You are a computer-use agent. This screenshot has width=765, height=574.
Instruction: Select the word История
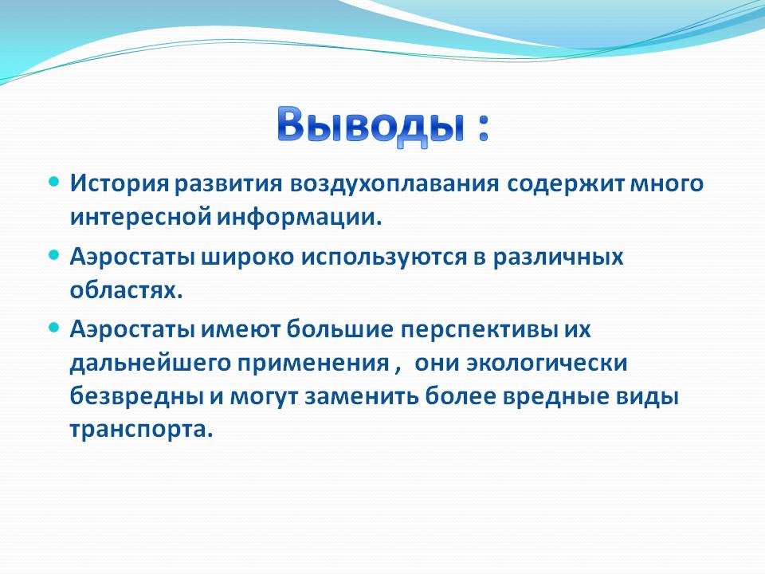pyautogui.click(x=120, y=183)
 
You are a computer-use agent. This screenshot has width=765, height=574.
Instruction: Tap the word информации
pyautogui.click(x=299, y=217)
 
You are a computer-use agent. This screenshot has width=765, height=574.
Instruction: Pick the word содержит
pyautogui.click(x=566, y=184)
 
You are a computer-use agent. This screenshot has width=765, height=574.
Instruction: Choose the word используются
pyautogui.click(x=384, y=257)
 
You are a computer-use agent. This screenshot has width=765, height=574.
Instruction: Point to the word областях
pyautogui.click(x=127, y=290)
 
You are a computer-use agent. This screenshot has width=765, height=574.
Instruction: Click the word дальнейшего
pyautogui.click(x=151, y=364)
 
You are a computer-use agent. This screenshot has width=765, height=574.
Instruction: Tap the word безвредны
pyautogui.click(x=136, y=396)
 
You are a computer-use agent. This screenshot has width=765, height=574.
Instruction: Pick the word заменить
pyautogui.click(x=362, y=397)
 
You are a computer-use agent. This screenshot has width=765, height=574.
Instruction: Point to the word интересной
pyautogui.click(x=140, y=217)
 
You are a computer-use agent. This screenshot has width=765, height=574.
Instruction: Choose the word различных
pyautogui.click(x=558, y=258)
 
